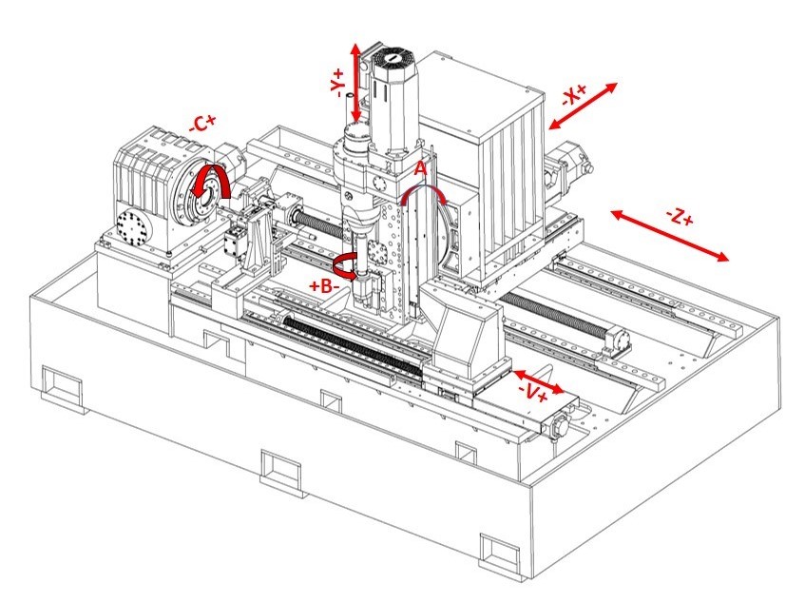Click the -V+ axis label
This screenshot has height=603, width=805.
coord(531,392)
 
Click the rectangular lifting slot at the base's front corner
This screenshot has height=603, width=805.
coord(500,549)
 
